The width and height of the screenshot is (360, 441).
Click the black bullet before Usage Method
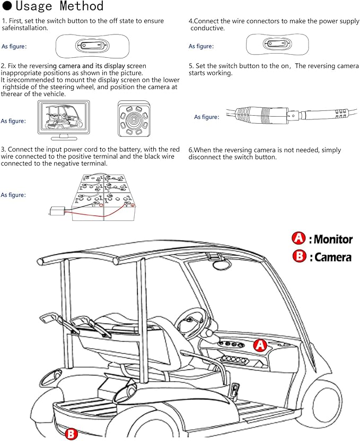pos(7,6)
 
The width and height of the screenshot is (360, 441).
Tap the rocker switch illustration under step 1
pos(92,46)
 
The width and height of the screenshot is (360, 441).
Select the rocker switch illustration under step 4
pos(277,45)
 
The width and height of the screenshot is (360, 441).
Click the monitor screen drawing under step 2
pos(64,120)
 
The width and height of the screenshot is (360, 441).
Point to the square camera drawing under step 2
pos(134,119)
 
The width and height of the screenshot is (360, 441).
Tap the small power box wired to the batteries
pos(57,211)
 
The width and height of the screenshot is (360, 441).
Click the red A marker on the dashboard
pos(260,345)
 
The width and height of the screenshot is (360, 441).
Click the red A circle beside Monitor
pos(298,238)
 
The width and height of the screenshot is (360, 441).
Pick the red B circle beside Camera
pos(300,256)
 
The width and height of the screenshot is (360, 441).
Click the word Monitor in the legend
pos(333,239)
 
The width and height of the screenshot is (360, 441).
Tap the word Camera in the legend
pos(333,257)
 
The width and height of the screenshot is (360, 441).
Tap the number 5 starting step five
pos(190,66)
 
